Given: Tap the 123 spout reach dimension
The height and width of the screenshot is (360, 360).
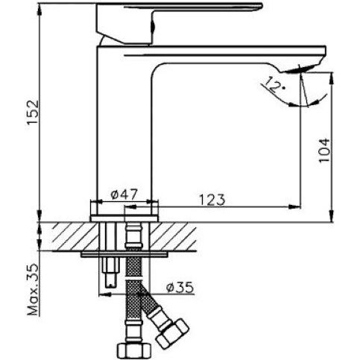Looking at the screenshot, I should click(212, 199).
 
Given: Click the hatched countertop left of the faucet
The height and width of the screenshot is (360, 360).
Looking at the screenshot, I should click(63, 237).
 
